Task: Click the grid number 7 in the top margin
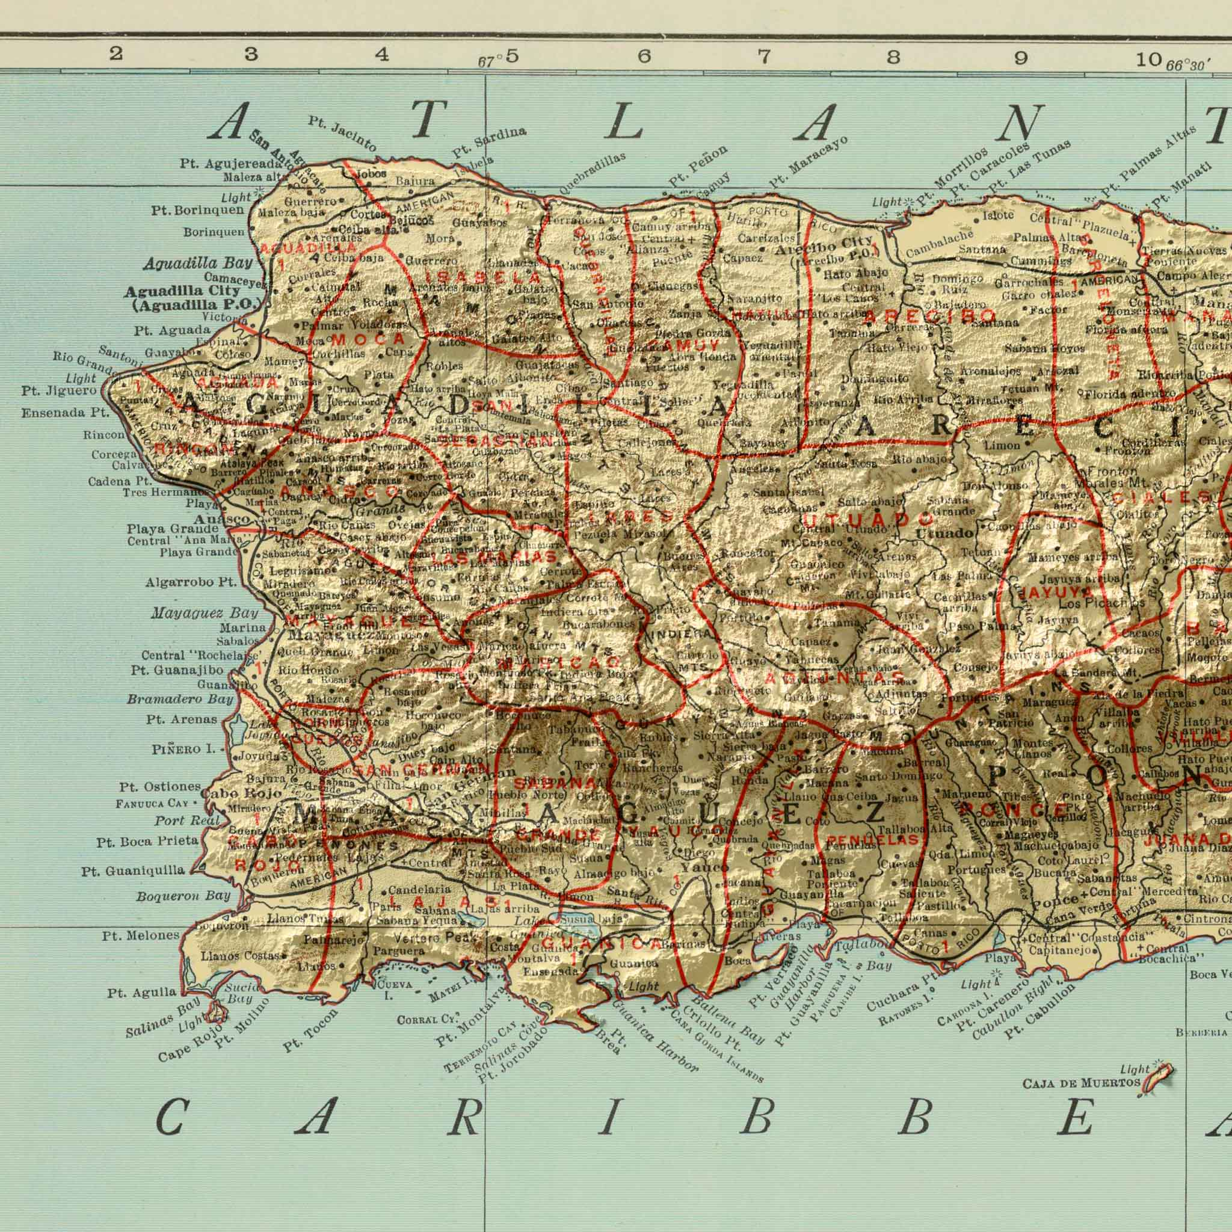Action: pos(763,58)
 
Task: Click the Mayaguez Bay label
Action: pos(205,596)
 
